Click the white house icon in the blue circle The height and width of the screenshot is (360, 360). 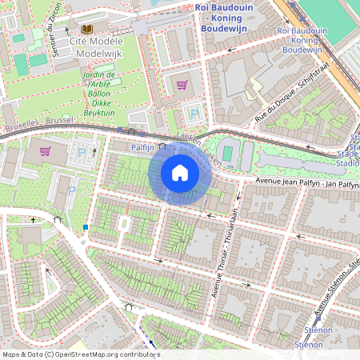(x=180, y=173)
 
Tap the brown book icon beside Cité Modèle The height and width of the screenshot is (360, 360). (x=62, y=38)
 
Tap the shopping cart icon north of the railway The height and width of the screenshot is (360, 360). (x=182, y=84)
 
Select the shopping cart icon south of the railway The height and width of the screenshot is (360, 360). (x=46, y=150)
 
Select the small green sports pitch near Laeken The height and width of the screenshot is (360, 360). (x=228, y=152)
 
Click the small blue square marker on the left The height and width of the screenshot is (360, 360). (x=86, y=227)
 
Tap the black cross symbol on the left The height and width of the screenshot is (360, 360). (x=33, y=219)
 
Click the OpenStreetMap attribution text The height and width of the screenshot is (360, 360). (x=80, y=354)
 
